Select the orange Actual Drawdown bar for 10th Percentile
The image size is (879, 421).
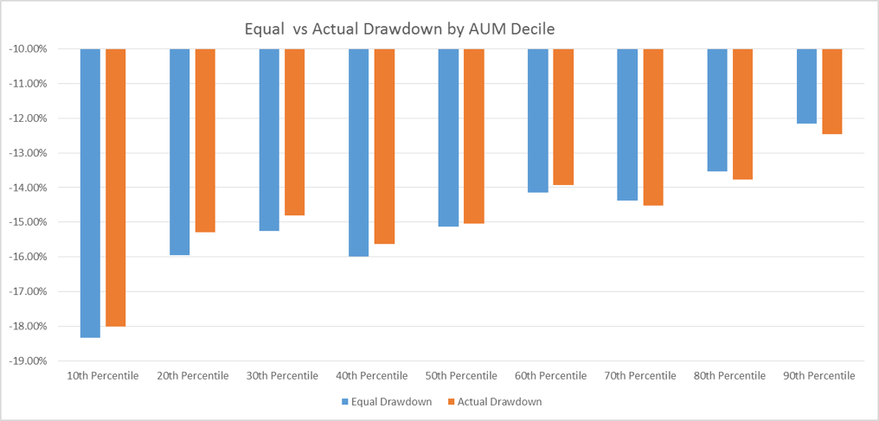pyautogui.click(x=116, y=188)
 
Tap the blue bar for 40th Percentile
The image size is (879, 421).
pyautogui.click(x=358, y=152)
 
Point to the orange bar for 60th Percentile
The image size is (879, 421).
pyautogui.click(x=563, y=117)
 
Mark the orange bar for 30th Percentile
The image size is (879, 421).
pyautogui.click(x=294, y=131)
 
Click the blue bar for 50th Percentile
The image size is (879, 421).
pyautogui.click(x=448, y=137)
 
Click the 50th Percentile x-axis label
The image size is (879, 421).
pyautogui.click(x=461, y=376)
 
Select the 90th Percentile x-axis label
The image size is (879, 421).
pyautogui.click(x=818, y=376)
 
